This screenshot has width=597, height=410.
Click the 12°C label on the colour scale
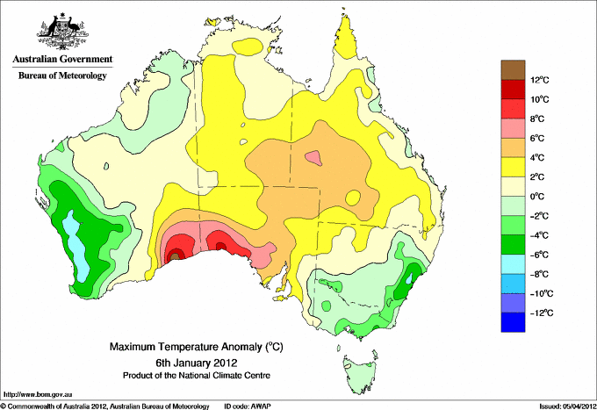[540, 80]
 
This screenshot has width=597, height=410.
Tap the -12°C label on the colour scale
[542, 313]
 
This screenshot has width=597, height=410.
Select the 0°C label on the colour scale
[536, 197]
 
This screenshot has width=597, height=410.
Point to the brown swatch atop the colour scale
[514, 69]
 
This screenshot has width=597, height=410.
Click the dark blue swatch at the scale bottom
[514, 322]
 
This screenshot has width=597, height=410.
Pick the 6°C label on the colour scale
[537, 138]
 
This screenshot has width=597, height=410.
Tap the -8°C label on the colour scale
[540, 274]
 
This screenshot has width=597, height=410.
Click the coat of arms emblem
[62, 32]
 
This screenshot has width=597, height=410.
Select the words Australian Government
[63, 59]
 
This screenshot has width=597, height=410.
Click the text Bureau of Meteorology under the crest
[63, 76]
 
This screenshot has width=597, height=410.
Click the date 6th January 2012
[197, 363]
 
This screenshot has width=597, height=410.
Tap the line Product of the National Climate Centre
[197, 376]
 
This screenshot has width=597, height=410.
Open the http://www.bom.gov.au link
[38, 395]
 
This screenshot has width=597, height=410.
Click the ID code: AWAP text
[248, 406]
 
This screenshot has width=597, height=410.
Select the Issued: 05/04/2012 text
[568, 406]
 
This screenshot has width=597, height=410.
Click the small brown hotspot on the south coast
[175, 256]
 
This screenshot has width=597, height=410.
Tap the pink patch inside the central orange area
[314, 158]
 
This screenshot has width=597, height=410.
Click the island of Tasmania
[360, 372]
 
